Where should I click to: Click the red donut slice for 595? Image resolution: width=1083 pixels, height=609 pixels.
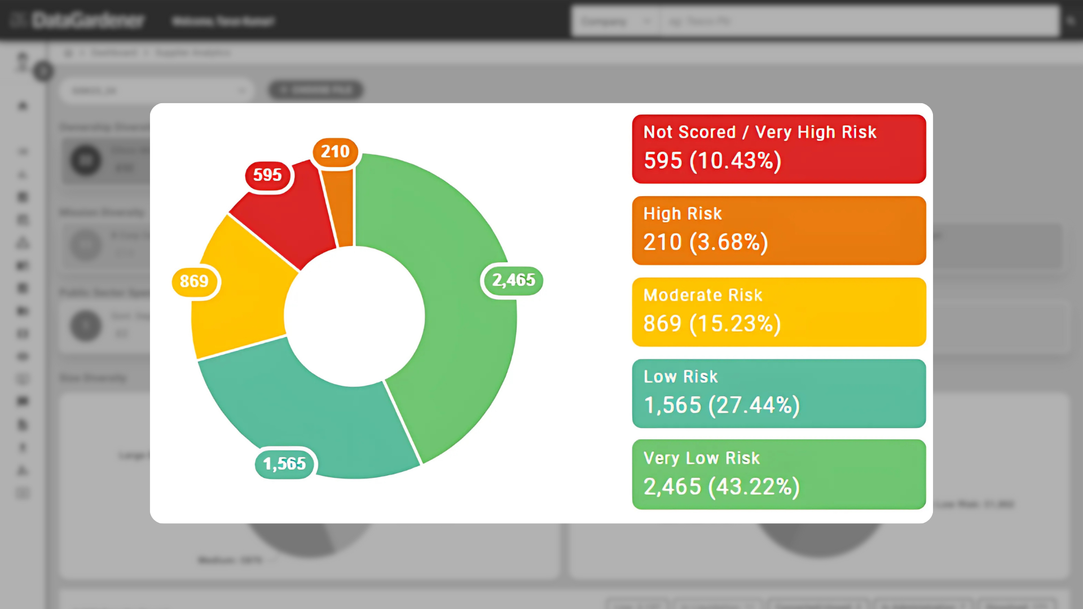pyautogui.click(x=288, y=220)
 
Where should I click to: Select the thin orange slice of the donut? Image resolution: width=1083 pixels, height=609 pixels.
pyautogui.click(x=342, y=209)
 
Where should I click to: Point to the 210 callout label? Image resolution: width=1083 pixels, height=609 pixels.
pyautogui.click(x=335, y=152)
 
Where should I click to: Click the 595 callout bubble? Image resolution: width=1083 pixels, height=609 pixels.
pyautogui.click(x=267, y=175)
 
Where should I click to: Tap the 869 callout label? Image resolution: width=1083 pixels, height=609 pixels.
pyautogui.click(x=194, y=281)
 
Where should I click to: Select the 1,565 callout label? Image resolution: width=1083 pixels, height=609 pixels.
pyautogui.click(x=284, y=464)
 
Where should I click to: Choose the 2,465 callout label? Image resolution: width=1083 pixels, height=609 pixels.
pyautogui.click(x=513, y=280)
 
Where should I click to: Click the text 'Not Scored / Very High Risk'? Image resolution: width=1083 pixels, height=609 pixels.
pyautogui.click(x=760, y=133)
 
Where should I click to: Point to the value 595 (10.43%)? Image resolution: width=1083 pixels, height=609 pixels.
pyautogui.click(x=712, y=161)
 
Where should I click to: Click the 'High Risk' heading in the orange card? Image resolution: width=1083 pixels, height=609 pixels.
pyautogui.click(x=683, y=214)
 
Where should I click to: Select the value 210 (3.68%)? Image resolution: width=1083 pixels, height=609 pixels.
pyautogui.click(x=706, y=242)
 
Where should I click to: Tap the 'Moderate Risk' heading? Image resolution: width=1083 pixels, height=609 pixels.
pyautogui.click(x=703, y=295)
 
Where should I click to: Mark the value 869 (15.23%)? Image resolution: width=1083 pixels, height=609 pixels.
pyautogui.click(x=712, y=324)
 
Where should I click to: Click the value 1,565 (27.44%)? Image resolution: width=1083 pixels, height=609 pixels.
pyautogui.click(x=721, y=405)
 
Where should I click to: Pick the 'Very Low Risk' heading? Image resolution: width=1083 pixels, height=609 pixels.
pyautogui.click(x=702, y=458)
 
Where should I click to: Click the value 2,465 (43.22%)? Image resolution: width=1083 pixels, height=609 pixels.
pyautogui.click(x=721, y=487)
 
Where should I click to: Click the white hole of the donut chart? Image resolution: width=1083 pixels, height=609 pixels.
pyautogui.click(x=354, y=316)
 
